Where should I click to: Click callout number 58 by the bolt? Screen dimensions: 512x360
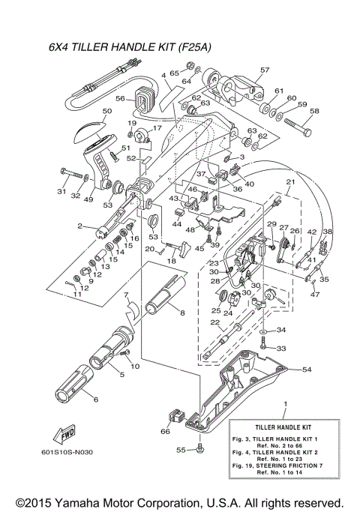(x=313, y=111)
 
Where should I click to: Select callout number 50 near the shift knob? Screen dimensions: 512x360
(x=106, y=111)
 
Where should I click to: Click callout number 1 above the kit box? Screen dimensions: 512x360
(x=284, y=404)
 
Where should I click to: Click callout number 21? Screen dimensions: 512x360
(x=290, y=183)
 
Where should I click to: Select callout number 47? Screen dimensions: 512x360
(x=314, y=295)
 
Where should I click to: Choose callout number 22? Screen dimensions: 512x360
(x=214, y=322)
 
